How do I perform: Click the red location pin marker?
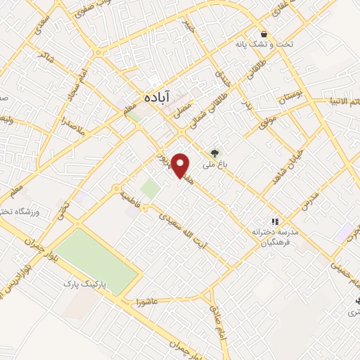(182, 165)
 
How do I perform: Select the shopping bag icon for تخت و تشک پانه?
(264, 34)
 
